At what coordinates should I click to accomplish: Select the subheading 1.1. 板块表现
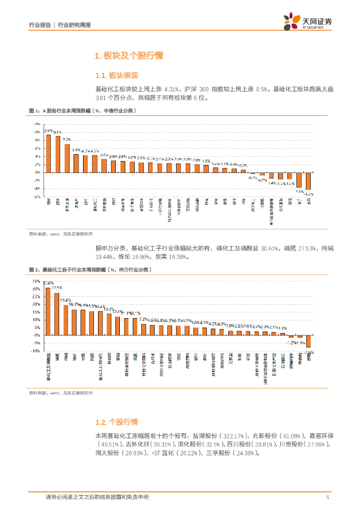117,76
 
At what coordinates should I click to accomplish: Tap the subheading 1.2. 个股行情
116,422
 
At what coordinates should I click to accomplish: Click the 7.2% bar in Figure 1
67,158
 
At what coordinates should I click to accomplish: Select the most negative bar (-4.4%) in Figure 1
308,181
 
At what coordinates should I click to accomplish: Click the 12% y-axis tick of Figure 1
37,124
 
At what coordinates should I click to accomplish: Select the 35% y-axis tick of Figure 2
36,281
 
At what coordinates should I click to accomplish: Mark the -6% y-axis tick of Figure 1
37,196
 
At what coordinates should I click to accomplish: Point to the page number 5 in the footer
328,497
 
